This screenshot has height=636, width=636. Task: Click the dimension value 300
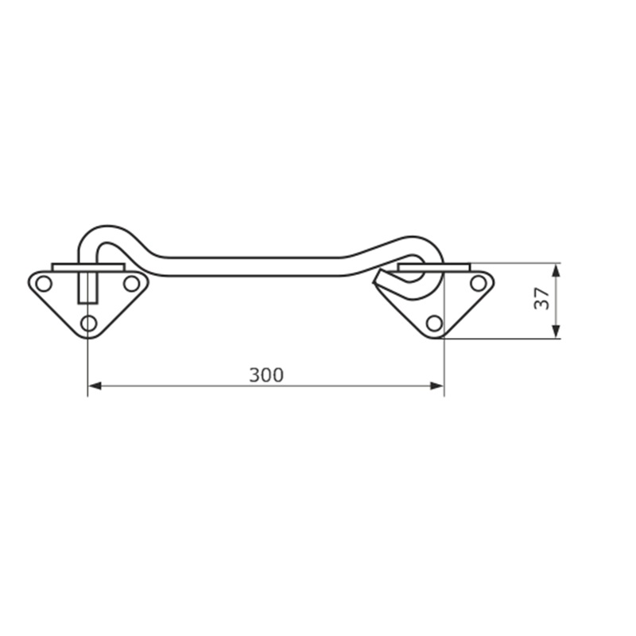coord(266,375)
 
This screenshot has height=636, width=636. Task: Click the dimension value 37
coord(542,299)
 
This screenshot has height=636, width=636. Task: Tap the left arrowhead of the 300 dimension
coord(95,386)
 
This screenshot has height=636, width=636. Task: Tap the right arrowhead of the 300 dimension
coord(436,386)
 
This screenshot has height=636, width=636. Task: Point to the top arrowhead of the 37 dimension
coord(556,270)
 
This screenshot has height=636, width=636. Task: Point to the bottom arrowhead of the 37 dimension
coord(556,331)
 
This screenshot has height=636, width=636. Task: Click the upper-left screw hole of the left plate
coord(44,284)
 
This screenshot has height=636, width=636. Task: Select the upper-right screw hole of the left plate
coord(131,284)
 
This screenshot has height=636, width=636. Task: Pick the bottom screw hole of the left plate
coord(89,324)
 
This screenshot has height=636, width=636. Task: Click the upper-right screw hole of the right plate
coord(479,283)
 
